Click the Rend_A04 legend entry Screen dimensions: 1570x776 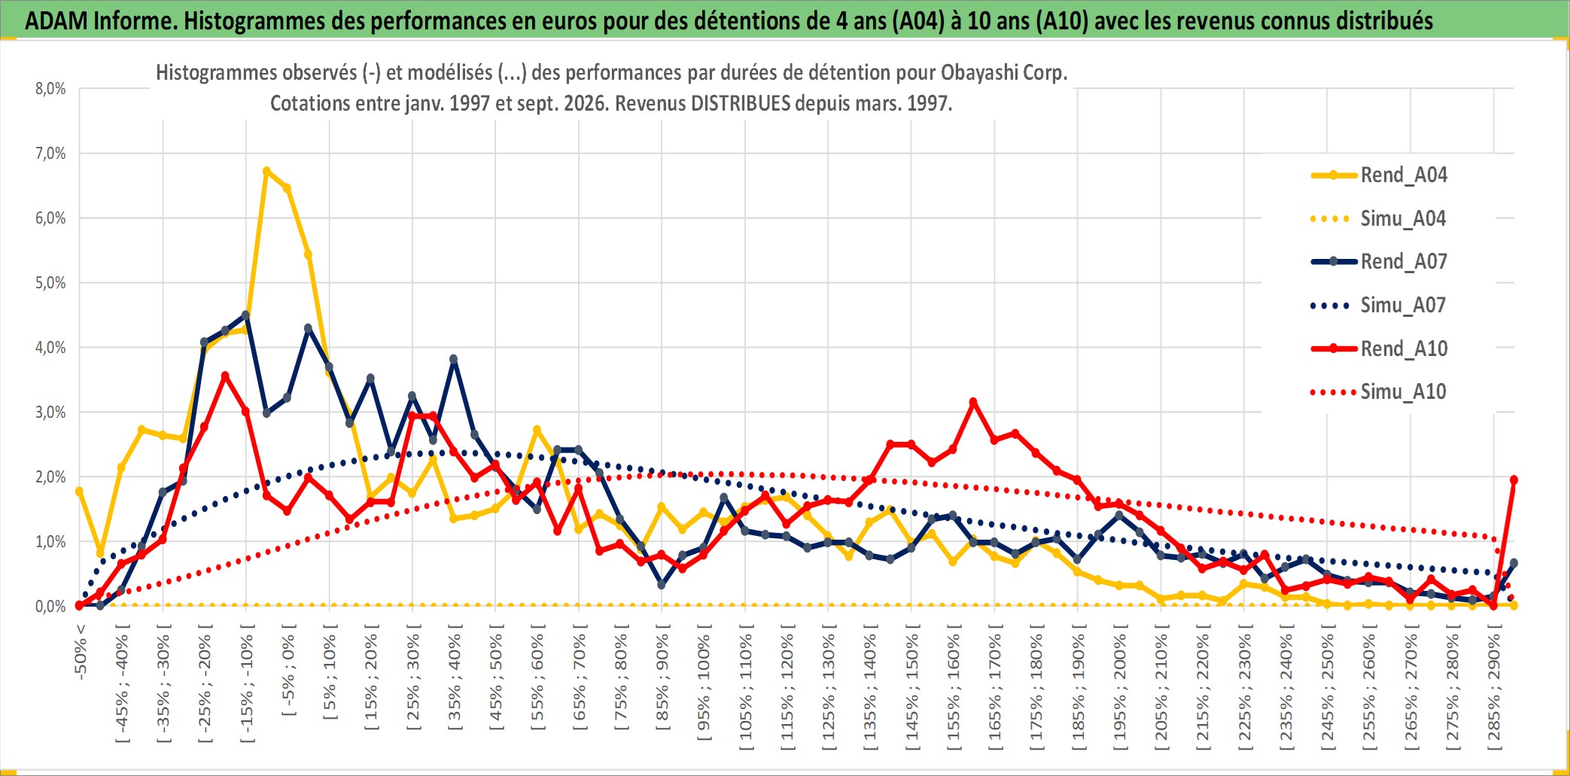(x=1379, y=175)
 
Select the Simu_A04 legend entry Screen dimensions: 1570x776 (x=1379, y=219)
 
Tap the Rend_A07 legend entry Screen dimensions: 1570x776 (x=1379, y=262)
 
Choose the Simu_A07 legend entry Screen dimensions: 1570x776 (x=1379, y=306)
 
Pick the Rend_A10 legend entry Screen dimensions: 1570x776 (x=1379, y=348)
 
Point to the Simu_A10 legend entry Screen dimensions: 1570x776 (x=1379, y=392)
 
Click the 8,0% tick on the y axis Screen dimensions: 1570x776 (x=50, y=89)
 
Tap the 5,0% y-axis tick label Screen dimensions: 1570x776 (x=50, y=283)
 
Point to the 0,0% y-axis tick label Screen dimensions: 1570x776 (x=50, y=607)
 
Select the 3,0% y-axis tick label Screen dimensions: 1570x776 (x=50, y=412)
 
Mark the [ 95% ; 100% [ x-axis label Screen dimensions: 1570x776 (x=704, y=687)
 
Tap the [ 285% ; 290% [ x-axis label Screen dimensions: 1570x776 (x=1494, y=692)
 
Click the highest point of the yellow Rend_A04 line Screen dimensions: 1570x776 (x=266, y=171)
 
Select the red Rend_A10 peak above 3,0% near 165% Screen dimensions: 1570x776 (x=973, y=403)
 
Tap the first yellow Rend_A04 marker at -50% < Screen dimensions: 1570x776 (x=79, y=491)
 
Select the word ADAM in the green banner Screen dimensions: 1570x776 (x=56, y=20)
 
